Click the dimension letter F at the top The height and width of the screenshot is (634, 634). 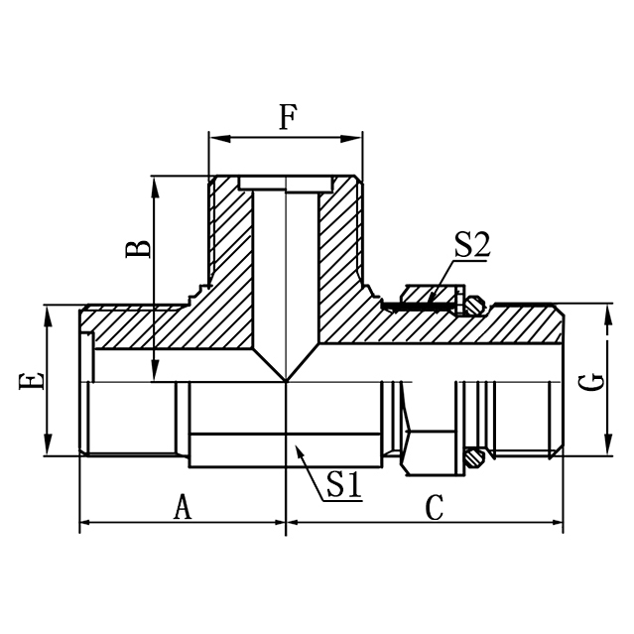(287, 119)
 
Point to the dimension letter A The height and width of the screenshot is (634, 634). (182, 507)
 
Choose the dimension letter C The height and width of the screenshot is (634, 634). (434, 507)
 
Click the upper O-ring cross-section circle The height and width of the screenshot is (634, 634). (476, 306)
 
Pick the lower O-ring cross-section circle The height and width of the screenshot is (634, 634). (476, 457)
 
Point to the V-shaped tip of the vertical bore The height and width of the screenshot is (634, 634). (286, 380)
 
